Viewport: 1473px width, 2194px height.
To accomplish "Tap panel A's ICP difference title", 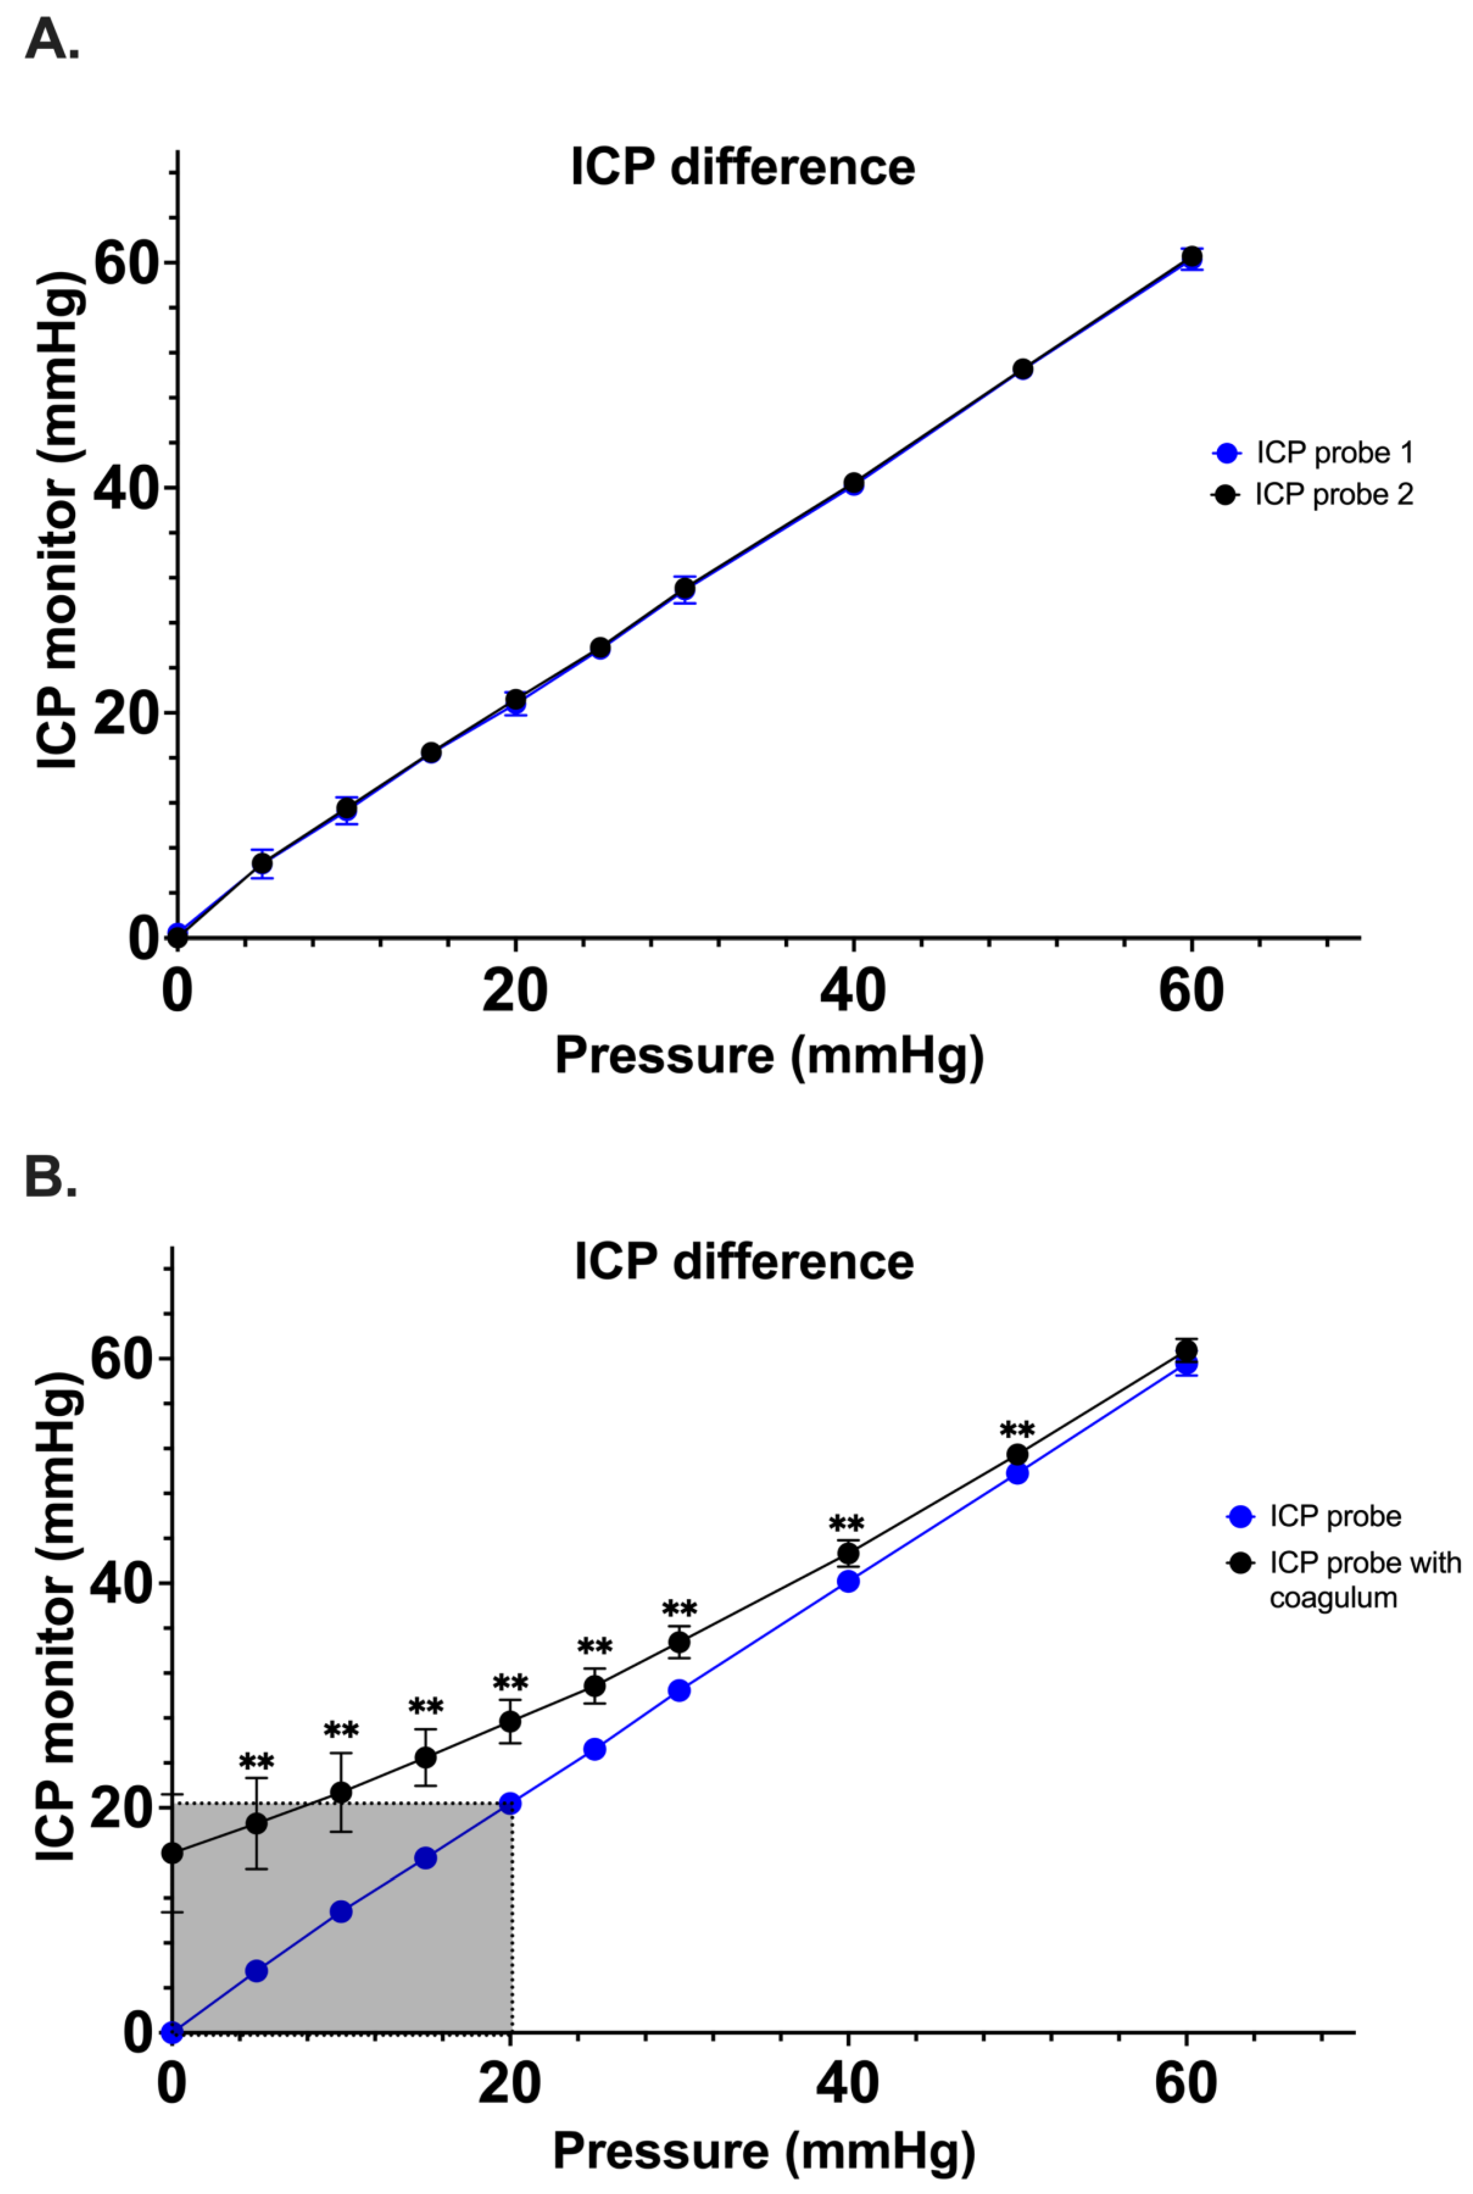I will click(x=742, y=167).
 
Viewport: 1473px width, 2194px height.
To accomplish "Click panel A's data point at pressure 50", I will click(x=1022, y=369).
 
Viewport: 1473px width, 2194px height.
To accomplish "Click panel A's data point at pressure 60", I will click(x=1191, y=258).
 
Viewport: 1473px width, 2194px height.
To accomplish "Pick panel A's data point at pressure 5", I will click(x=262, y=864).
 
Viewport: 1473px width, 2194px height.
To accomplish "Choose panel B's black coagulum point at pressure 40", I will click(x=848, y=1553).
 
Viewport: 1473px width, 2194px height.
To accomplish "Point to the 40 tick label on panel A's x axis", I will click(x=852, y=990).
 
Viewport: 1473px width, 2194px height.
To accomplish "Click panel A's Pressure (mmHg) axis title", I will click(x=768, y=1055).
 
